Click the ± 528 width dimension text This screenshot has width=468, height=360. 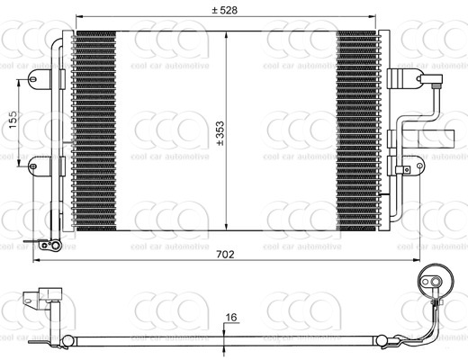point(226,10)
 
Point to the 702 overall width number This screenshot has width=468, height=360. point(225,255)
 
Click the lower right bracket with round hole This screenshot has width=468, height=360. point(415,166)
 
